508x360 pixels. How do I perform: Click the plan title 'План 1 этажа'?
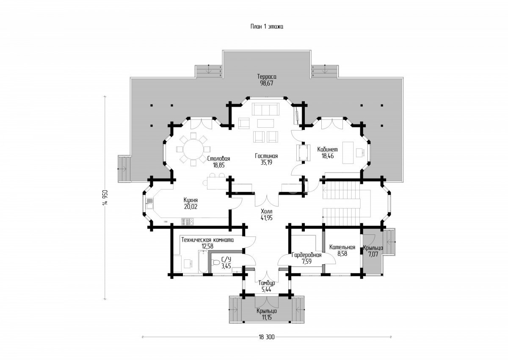point(267,27)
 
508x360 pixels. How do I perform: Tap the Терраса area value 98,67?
point(267,83)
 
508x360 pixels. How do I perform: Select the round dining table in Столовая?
point(193,149)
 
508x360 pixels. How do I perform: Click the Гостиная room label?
point(266,156)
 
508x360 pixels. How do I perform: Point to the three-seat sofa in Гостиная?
point(266,109)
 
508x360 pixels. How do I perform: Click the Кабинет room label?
point(328,149)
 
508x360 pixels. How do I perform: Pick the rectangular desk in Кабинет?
point(348,152)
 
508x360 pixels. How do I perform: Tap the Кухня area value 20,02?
point(191,206)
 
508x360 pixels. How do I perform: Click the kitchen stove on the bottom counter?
point(187,221)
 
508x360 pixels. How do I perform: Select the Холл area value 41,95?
point(267,218)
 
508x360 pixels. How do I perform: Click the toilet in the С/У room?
point(215,262)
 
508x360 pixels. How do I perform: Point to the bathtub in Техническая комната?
point(203,261)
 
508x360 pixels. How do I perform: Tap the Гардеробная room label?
point(306,255)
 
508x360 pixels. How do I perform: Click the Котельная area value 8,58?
point(342,253)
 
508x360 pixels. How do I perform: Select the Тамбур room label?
point(267,283)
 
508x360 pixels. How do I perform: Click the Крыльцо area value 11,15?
point(267,317)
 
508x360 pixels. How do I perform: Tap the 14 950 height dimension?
point(105,198)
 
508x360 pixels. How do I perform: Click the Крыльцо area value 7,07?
point(373,254)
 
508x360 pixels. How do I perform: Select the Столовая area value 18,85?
point(218,165)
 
